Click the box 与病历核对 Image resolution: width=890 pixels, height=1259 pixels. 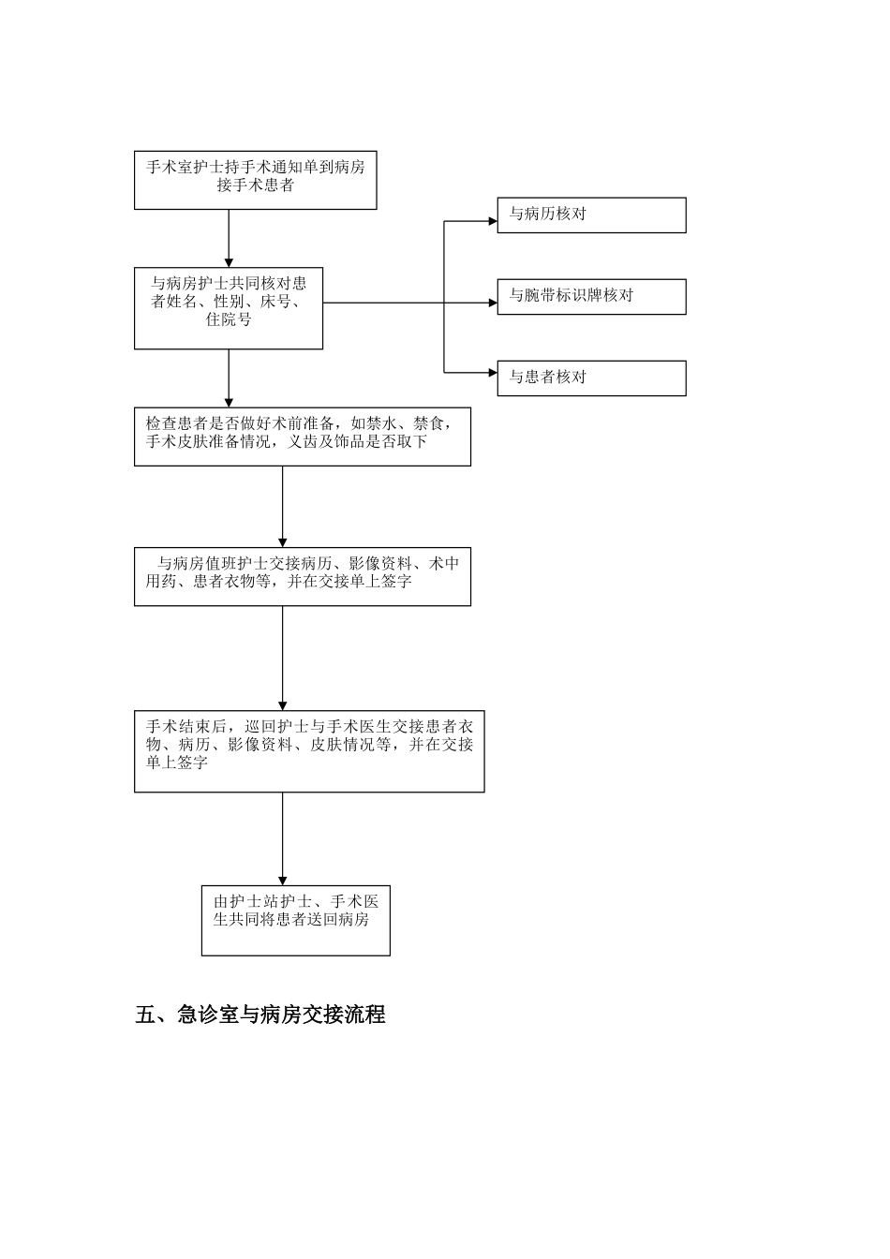pyautogui.click(x=591, y=215)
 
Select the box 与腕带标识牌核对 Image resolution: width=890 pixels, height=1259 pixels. pyautogui.click(x=591, y=296)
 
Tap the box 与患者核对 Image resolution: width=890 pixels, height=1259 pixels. pyautogui.click(x=591, y=378)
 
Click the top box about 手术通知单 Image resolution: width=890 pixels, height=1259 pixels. pyautogui.click(x=256, y=181)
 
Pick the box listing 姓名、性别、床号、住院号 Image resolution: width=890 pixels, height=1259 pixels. pyautogui.click(x=229, y=308)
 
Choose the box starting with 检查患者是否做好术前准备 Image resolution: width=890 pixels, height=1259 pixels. pyautogui.click(x=302, y=436)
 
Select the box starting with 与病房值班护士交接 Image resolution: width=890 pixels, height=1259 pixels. pyautogui.click(x=302, y=576)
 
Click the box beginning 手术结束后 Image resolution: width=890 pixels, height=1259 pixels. pyautogui.click(x=309, y=751)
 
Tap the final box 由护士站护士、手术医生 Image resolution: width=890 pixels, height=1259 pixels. pyautogui.click(x=295, y=920)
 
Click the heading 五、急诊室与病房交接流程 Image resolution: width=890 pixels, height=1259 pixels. pyautogui.click(x=260, y=1015)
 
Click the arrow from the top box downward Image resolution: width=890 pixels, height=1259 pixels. pyautogui.click(x=229, y=238)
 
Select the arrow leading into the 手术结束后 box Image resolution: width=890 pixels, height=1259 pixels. pyautogui.click(x=283, y=658)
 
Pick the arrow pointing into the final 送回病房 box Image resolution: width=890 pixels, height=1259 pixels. pyautogui.click(x=283, y=838)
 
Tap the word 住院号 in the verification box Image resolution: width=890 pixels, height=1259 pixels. pyautogui.click(x=229, y=319)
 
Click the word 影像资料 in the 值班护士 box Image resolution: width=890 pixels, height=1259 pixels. pyautogui.click(x=380, y=564)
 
